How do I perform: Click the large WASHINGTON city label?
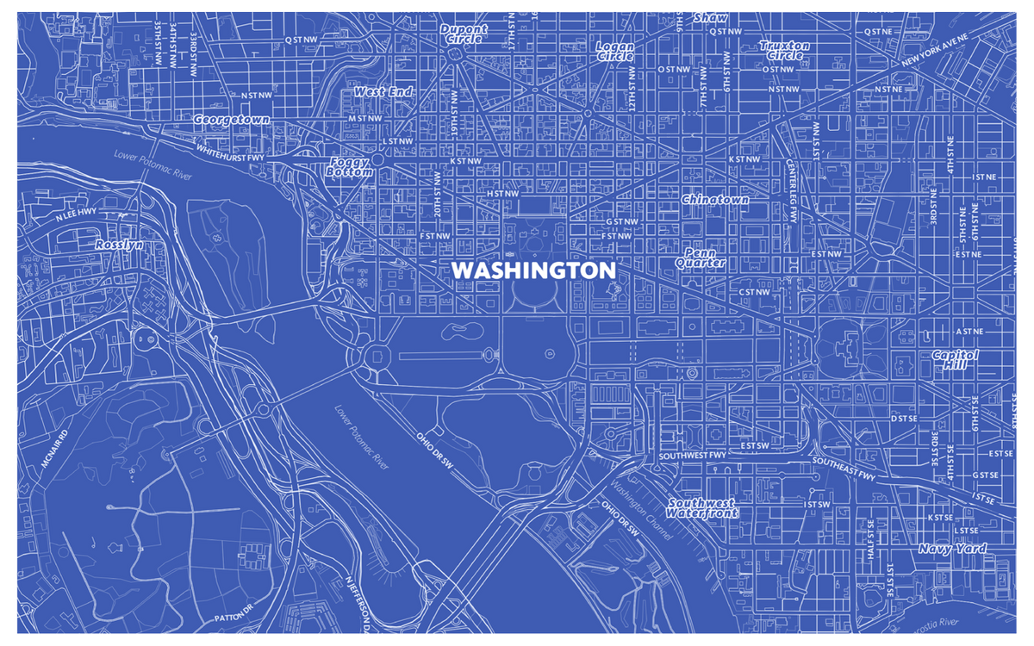click(x=533, y=270)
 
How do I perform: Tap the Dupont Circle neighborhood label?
click(x=464, y=34)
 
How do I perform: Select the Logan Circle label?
click(x=615, y=51)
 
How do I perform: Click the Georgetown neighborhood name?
click(x=231, y=120)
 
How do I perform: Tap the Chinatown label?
click(x=715, y=199)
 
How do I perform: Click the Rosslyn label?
click(x=119, y=245)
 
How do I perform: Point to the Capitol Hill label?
click(x=956, y=359)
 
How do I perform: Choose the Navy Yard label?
click(x=952, y=549)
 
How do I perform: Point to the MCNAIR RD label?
click(x=53, y=449)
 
